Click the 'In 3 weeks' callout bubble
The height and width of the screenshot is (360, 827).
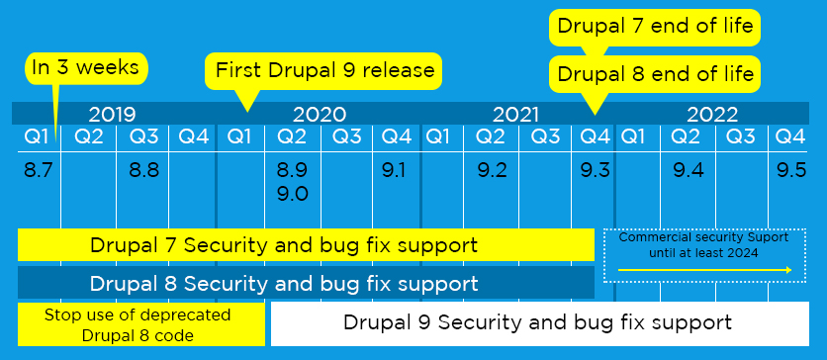click(86, 68)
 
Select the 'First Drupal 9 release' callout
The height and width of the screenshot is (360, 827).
click(322, 70)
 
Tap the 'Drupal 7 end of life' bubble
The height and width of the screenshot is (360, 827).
click(655, 27)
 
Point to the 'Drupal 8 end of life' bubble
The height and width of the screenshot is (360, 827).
click(655, 73)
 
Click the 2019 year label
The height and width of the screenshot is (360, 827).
click(113, 114)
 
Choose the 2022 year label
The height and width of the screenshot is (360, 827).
click(712, 114)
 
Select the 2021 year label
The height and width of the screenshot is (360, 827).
click(515, 114)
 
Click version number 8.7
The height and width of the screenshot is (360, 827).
click(39, 171)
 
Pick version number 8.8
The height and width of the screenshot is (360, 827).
click(144, 171)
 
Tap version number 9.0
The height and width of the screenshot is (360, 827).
click(293, 194)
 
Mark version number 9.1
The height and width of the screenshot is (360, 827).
click(394, 171)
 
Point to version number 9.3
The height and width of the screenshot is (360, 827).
click(595, 171)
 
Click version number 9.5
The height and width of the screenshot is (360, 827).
click(791, 171)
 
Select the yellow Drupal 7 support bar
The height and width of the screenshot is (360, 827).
click(306, 244)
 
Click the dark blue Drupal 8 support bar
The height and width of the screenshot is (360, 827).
click(306, 283)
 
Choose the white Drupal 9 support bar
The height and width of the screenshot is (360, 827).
click(539, 323)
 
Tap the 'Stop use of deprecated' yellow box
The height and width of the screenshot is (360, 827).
click(141, 324)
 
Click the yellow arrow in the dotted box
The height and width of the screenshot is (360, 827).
click(704, 270)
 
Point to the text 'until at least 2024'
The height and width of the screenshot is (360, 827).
click(703, 252)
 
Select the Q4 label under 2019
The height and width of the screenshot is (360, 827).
click(194, 137)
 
